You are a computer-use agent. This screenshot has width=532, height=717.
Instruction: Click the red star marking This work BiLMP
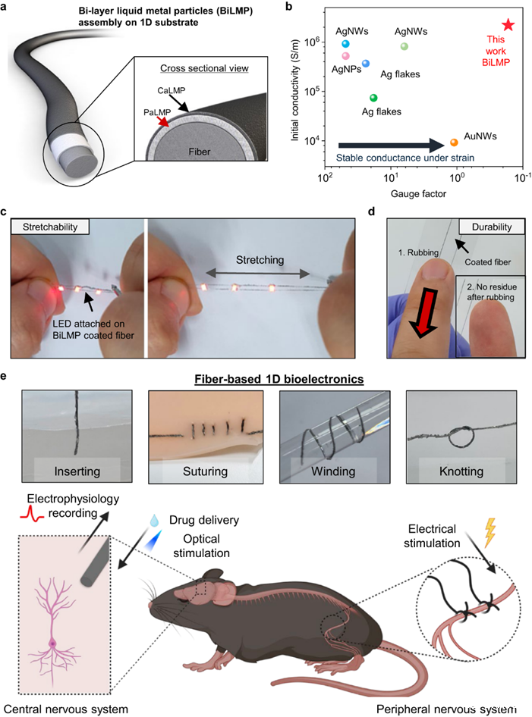508,25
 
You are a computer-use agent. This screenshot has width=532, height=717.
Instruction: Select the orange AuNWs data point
454,142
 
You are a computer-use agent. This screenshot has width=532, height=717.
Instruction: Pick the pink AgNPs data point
345,56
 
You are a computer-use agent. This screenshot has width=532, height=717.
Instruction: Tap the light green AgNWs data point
405,46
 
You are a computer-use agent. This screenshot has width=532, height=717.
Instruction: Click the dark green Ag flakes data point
373,98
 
